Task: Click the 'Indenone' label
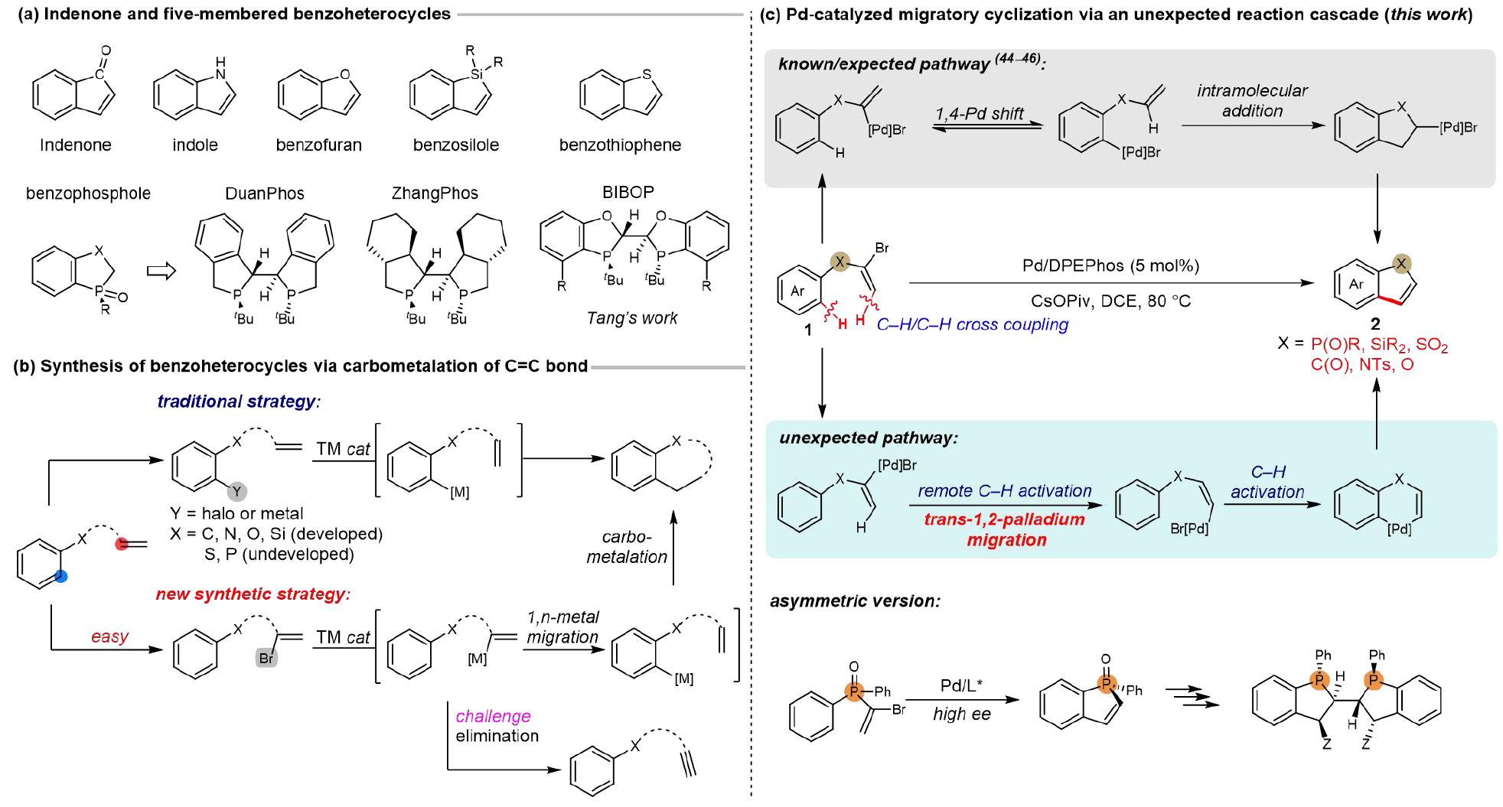pos(75,145)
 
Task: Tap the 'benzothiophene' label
pos(620,145)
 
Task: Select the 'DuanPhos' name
pos(264,194)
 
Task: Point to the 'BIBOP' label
pos(628,192)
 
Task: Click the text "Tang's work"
pos(631,318)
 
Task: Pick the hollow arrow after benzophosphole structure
pos(161,271)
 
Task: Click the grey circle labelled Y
pos(236,491)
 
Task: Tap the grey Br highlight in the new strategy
pos(266,658)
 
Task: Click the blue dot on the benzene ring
pos(61,576)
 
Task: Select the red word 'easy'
pos(109,636)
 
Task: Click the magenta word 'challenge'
pos(493,716)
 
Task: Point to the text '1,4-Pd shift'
pos(979,114)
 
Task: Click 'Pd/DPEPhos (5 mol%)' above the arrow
pos(1110,265)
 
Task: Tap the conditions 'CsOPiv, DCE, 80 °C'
pos(1110,301)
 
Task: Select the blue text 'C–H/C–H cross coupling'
pos(972,324)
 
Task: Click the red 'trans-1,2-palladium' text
pos(1004,519)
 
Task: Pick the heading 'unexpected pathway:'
pos(868,438)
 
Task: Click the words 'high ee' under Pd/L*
pos(961,714)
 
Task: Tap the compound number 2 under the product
pos(1374,324)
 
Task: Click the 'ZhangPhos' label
pos(435,194)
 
